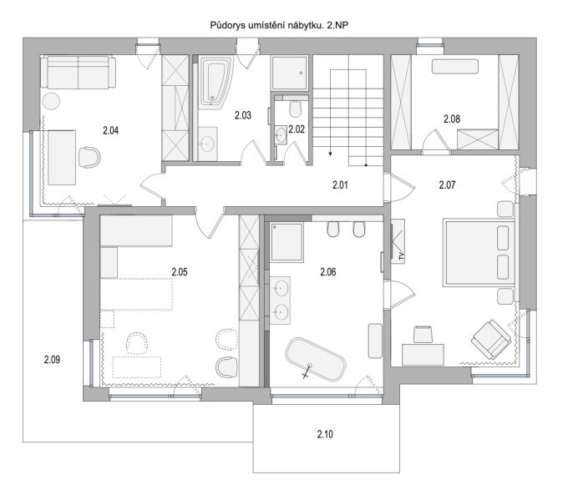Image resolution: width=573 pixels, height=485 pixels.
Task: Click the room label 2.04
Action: click(110, 130)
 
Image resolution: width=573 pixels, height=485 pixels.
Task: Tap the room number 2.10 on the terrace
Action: click(325, 434)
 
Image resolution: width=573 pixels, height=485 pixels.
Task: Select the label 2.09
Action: click(52, 360)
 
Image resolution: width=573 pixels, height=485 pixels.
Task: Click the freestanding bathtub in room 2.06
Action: click(316, 360)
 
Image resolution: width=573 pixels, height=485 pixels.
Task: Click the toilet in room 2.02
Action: click(295, 108)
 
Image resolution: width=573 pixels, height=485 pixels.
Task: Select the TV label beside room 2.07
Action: click(401, 256)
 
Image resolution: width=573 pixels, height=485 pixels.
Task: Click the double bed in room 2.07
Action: click(479, 253)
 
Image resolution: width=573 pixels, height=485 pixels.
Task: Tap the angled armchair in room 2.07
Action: click(491, 339)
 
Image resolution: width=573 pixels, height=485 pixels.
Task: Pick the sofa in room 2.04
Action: click(79, 72)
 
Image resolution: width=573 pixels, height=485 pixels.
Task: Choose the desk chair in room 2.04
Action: click(89, 157)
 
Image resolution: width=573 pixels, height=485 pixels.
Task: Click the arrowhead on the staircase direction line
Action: click(331, 154)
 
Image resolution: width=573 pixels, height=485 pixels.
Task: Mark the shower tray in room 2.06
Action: click(286, 242)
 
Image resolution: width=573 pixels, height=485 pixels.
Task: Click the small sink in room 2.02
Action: click(281, 134)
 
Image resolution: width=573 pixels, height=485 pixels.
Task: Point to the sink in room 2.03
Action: click(207, 144)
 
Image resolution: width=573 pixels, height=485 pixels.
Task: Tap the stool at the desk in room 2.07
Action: click(423, 334)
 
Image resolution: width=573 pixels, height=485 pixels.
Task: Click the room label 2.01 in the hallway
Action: click(340, 184)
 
